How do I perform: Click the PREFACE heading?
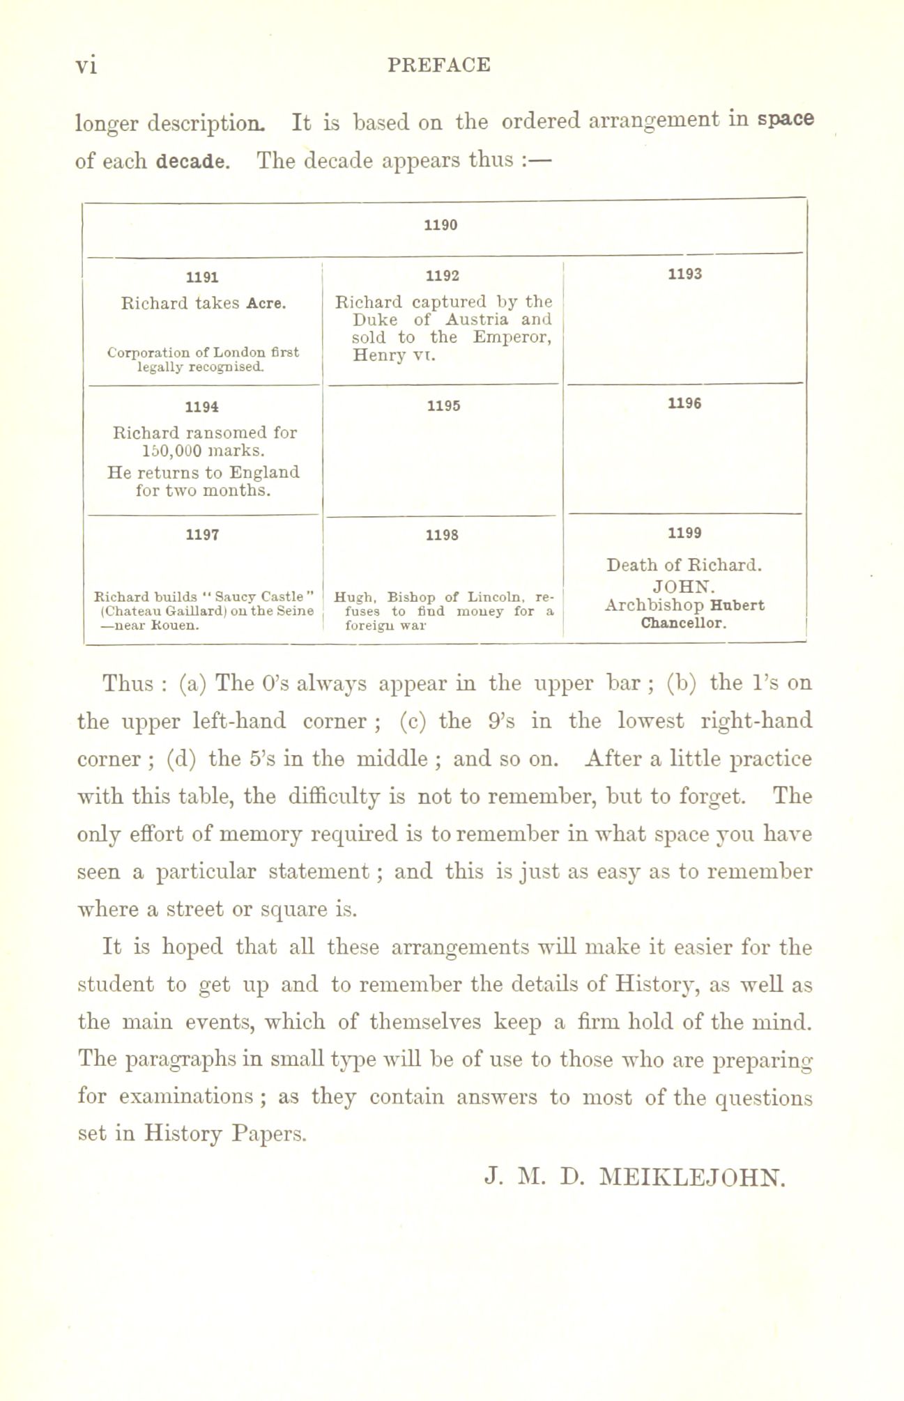439,65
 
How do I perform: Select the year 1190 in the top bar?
440,225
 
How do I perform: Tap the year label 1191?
202,277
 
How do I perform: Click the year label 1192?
443,275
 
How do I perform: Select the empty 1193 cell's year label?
684,274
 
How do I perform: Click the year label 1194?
202,406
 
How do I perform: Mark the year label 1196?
684,403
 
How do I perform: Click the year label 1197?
202,535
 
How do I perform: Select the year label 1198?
443,536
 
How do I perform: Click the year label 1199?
684,534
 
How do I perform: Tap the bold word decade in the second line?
192,161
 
